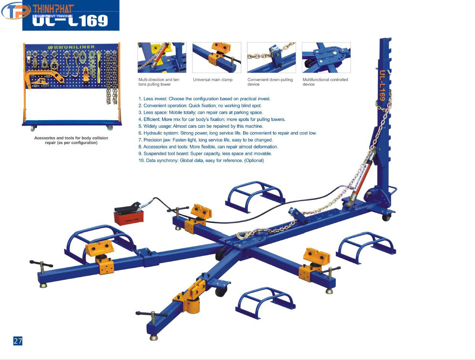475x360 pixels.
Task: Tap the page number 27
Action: tap(18, 341)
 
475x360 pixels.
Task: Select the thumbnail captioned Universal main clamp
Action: tap(216, 57)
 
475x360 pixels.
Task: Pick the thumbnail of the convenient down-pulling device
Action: tap(271, 57)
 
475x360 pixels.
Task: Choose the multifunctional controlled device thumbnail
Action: tap(326, 57)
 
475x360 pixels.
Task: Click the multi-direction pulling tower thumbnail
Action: tap(162, 57)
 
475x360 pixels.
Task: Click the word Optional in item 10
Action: tap(254, 161)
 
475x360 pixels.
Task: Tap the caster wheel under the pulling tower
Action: tap(387, 217)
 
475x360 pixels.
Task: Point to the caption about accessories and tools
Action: tap(71, 140)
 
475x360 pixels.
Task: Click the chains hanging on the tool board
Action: tap(111, 77)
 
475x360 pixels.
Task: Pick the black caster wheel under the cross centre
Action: tap(221, 292)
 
